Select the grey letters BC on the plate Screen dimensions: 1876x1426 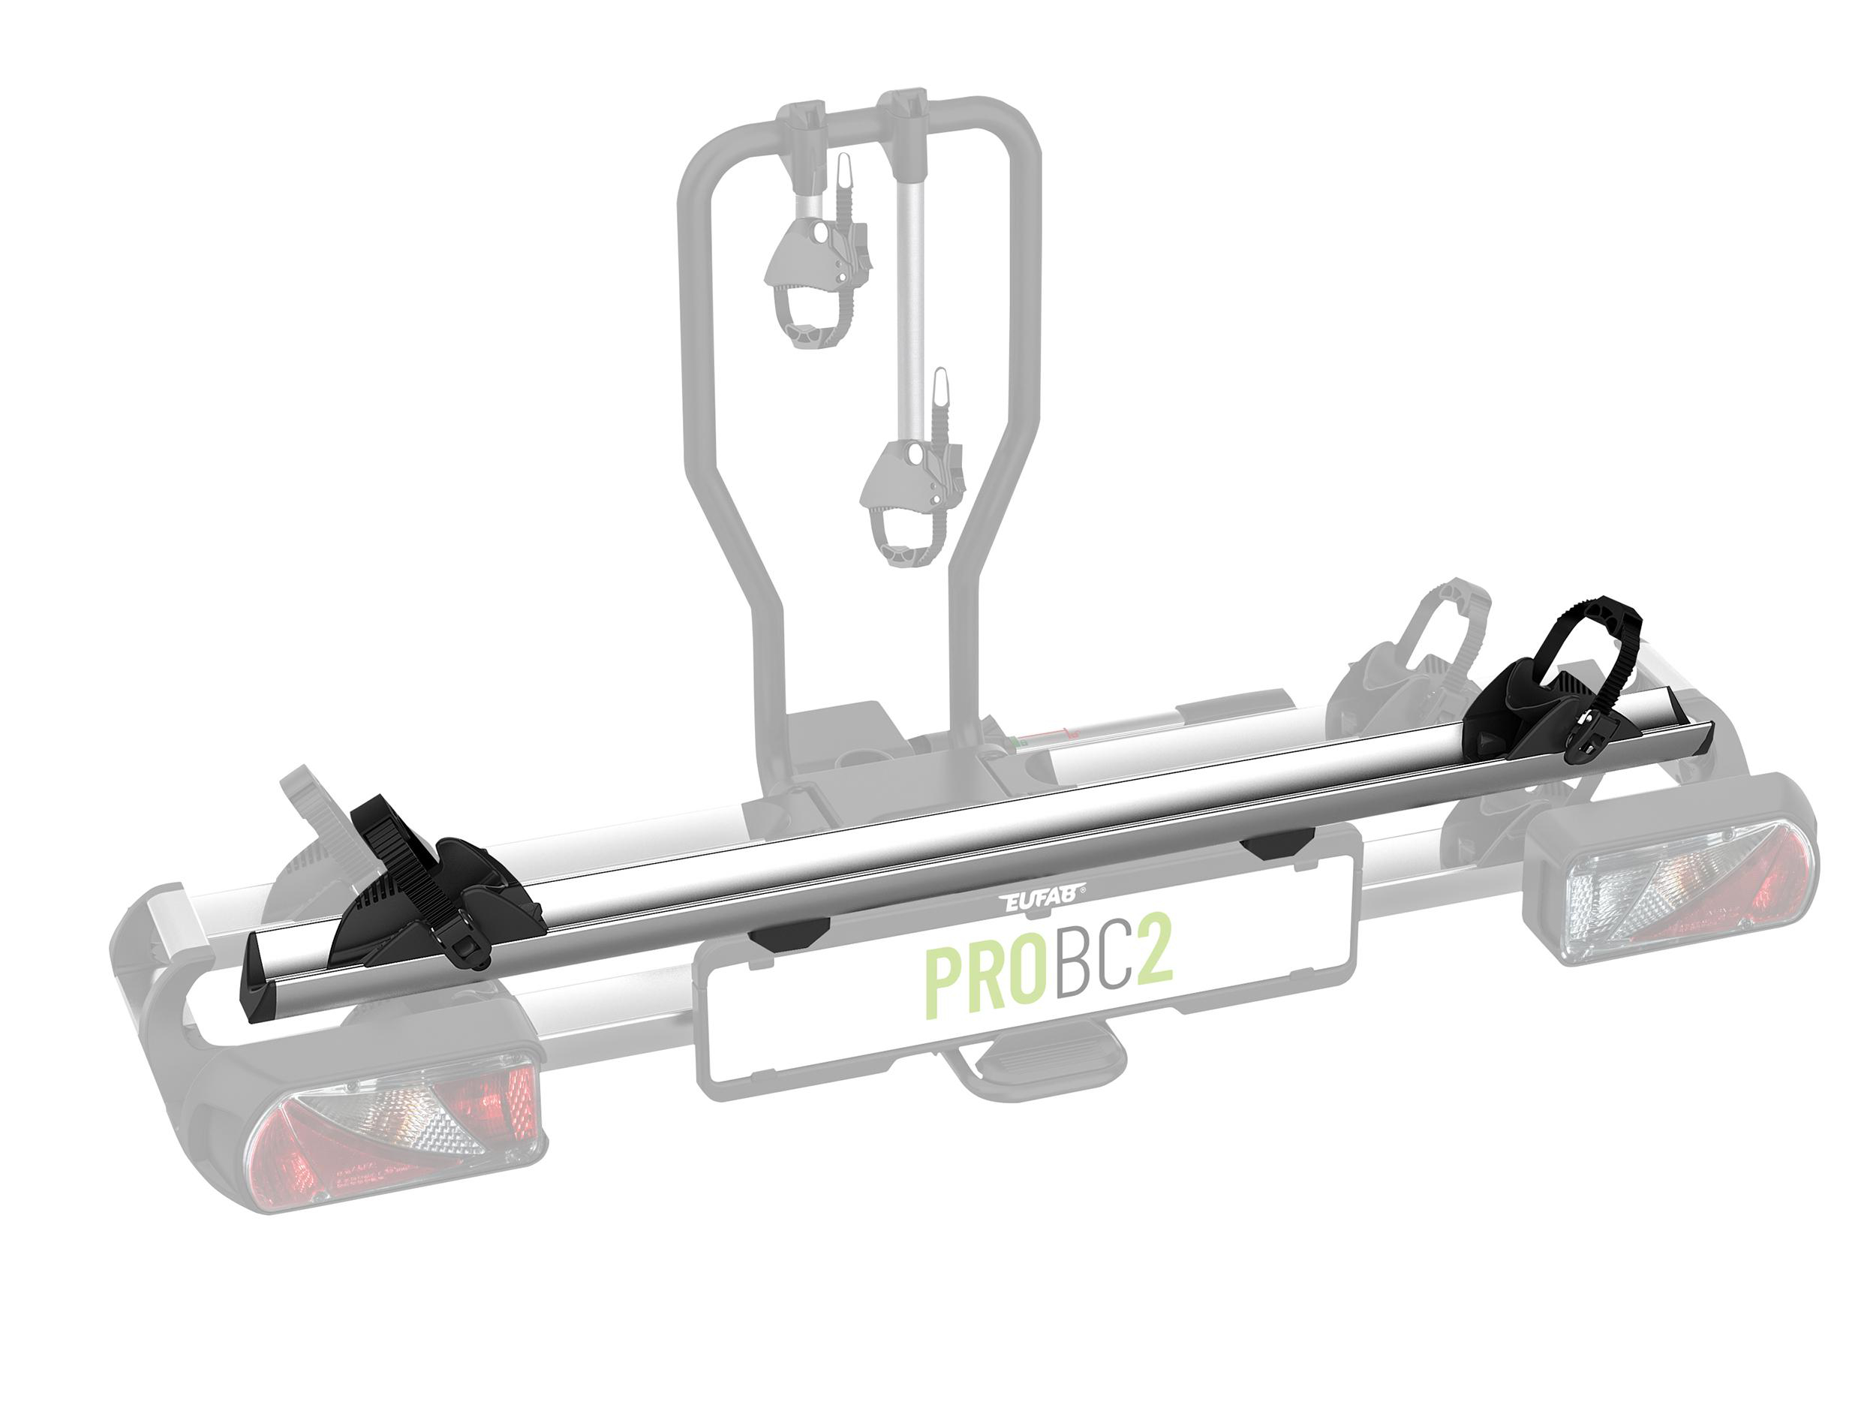(1095, 970)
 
